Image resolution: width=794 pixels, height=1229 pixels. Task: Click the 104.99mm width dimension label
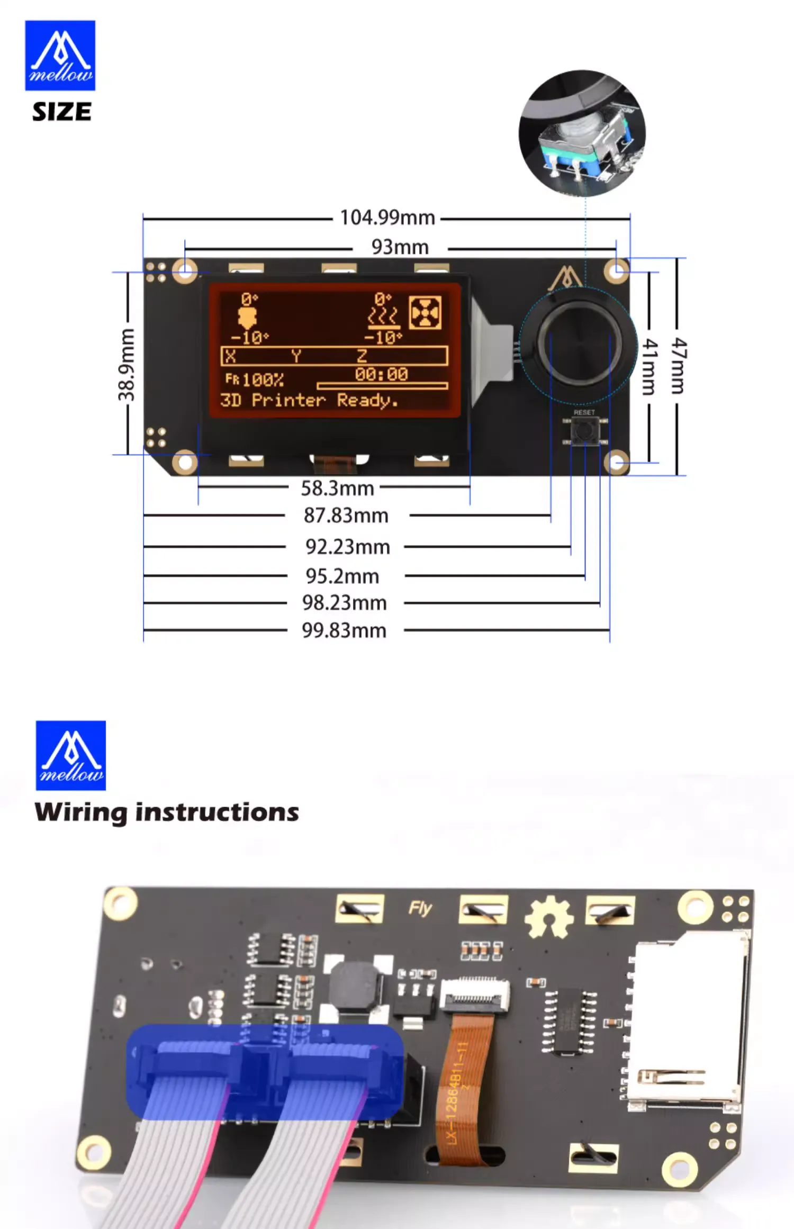tap(387, 218)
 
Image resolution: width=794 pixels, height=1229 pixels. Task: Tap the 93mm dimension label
tap(400, 247)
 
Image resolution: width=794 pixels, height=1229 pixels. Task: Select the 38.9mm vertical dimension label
tap(127, 364)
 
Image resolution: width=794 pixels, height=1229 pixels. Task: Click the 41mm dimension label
tap(649, 367)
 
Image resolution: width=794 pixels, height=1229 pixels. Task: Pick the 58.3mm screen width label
tap(337, 488)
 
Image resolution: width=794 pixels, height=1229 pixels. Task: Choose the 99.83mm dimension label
tap(344, 630)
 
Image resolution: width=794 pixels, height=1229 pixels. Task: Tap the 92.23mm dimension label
tap(347, 547)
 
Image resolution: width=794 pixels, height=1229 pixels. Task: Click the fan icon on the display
tap(425, 313)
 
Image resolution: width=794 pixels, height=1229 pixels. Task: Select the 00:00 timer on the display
tap(381, 374)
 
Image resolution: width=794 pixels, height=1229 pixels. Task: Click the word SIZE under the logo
tap(61, 112)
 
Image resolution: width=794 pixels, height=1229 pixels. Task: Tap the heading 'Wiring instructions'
tap(167, 812)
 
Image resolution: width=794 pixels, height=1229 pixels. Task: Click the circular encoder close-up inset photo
tap(582, 133)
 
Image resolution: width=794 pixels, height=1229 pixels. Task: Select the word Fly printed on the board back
tap(420, 908)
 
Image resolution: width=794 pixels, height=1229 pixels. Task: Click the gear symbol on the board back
tap(549, 917)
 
